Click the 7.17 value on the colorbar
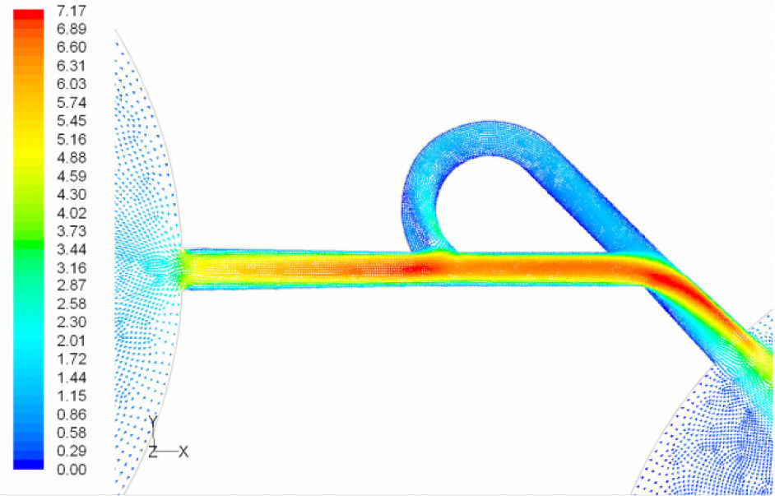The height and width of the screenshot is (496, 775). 72,11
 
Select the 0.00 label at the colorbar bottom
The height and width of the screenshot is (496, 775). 72,470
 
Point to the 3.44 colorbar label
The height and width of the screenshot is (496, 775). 72,249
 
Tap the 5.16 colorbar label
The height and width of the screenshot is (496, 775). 72,139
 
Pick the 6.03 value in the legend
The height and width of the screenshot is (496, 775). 72,84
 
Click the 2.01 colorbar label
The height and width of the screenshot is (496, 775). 72,341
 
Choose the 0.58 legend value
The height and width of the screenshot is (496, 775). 72,433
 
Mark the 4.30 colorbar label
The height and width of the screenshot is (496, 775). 72,194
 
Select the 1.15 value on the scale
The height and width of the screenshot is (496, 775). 72,396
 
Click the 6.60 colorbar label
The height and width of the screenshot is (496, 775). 72,47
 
